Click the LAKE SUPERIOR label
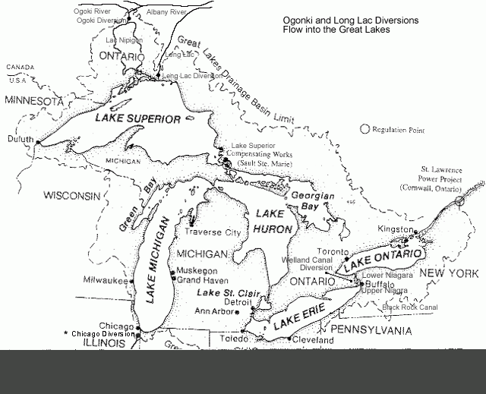point(137,119)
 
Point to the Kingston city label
point(396,229)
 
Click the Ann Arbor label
point(214,310)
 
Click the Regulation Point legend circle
point(365,130)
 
